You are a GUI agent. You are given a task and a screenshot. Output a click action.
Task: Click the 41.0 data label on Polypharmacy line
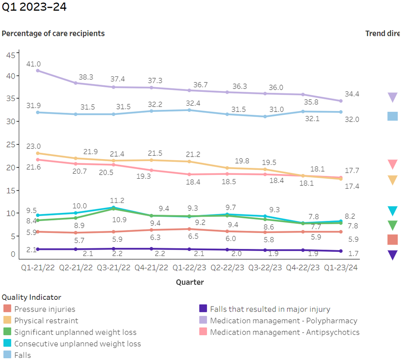click(x=33, y=64)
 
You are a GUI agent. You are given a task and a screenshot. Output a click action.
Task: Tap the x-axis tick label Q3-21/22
click(x=113, y=268)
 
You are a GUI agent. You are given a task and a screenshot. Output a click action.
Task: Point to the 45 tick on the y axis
click(x=11, y=56)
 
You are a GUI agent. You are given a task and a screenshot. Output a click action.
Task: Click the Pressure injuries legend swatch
click(x=7, y=309)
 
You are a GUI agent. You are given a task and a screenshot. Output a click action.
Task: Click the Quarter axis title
click(x=190, y=282)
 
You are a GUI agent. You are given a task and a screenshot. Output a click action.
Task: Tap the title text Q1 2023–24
click(x=34, y=7)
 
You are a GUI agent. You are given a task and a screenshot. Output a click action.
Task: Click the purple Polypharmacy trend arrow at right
click(x=392, y=97)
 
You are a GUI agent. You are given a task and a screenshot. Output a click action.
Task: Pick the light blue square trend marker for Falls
click(x=392, y=116)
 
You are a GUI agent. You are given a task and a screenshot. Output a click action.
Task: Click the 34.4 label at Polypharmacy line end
click(x=352, y=94)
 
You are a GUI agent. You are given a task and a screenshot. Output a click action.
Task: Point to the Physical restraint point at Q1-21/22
click(x=38, y=153)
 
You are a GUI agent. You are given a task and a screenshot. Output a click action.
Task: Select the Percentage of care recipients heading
click(x=53, y=33)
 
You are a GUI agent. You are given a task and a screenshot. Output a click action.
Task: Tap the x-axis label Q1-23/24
click(x=340, y=268)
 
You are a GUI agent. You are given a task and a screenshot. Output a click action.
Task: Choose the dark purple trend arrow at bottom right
click(x=392, y=255)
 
